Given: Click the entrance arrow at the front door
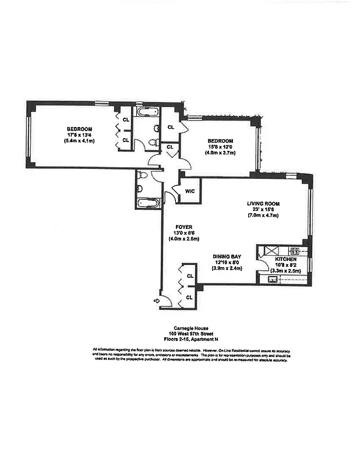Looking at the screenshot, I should click(156, 301).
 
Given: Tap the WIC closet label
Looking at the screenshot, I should click(190, 190).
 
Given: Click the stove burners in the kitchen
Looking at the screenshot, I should click(295, 251).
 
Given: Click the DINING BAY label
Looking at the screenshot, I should click(228, 256).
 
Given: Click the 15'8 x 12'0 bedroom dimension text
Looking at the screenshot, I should click(220, 147).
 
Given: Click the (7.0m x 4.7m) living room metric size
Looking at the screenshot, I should click(263, 215).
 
